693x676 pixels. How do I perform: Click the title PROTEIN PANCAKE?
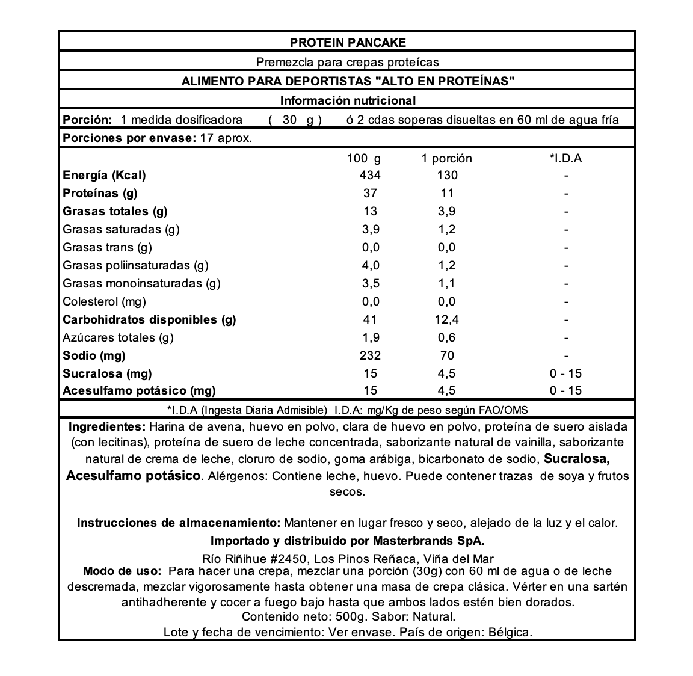(348, 43)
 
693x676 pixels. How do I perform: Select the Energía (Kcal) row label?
(104, 176)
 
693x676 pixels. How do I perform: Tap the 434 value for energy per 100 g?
(370, 176)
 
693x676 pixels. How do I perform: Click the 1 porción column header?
(446, 159)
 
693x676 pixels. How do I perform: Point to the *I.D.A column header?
(565, 159)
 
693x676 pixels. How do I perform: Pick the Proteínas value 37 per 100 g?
(370, 194)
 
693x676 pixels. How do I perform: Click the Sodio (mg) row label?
(94, 356)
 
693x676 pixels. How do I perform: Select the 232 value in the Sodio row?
(370, 356)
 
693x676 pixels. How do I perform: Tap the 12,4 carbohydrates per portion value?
(446, 320)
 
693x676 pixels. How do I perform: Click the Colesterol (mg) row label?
(104, 302)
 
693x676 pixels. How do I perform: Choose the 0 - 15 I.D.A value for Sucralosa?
(565, 374)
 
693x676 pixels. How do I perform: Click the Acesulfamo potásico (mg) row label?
(139, 391)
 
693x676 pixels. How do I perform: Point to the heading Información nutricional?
(348, 100)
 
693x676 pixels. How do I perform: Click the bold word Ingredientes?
(107, 427)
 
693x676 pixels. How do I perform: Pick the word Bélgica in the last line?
(510, 633)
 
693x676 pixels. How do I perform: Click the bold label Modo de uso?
(122, 571)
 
